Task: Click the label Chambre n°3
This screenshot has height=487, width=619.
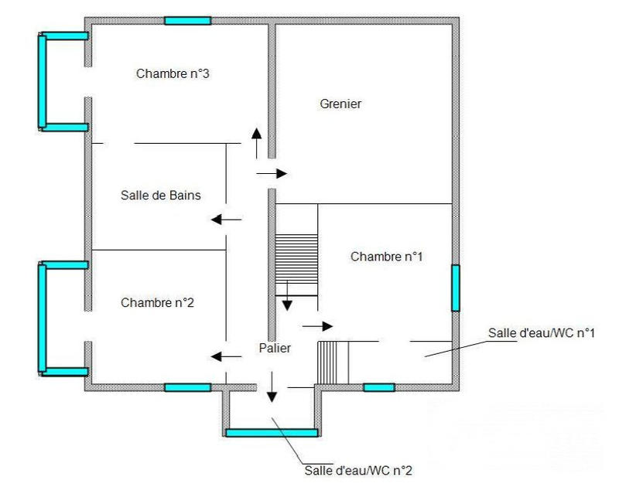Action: (173, 74)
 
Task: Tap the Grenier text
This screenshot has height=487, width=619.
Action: (340, 104)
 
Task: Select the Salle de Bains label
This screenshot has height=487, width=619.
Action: (161, 196)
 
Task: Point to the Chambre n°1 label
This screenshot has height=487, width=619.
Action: (386, 256)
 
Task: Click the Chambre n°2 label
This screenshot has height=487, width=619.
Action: (157, 302)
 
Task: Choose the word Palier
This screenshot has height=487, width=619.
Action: (275, 349)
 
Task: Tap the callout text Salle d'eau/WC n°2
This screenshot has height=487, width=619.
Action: (363, 469)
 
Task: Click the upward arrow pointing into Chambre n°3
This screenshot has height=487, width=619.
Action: (255, 143)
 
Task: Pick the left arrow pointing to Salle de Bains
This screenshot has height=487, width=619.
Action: (226, 220)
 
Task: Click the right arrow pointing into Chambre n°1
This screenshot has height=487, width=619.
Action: (317, 326)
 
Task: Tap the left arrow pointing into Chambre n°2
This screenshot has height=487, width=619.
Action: (226, 356)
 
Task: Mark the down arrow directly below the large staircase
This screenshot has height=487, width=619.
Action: (287, 297)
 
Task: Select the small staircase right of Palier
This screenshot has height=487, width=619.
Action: (333, 362)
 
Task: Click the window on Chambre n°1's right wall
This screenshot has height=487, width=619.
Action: (456, 288)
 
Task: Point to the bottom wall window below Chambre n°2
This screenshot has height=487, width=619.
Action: (188, 387)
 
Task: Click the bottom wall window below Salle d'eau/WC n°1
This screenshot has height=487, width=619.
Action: (379, 387)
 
